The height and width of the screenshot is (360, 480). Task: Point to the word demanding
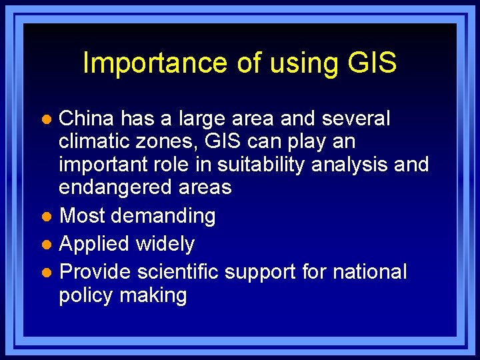pyautogui.click(x=163, y=215)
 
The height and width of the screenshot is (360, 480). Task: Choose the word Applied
pyautogui.click(x=95, y=244)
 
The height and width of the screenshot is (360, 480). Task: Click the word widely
pyautogui.click(x=165, y=244)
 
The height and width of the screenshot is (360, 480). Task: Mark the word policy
pyautogui.click(x=86, y=295)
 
